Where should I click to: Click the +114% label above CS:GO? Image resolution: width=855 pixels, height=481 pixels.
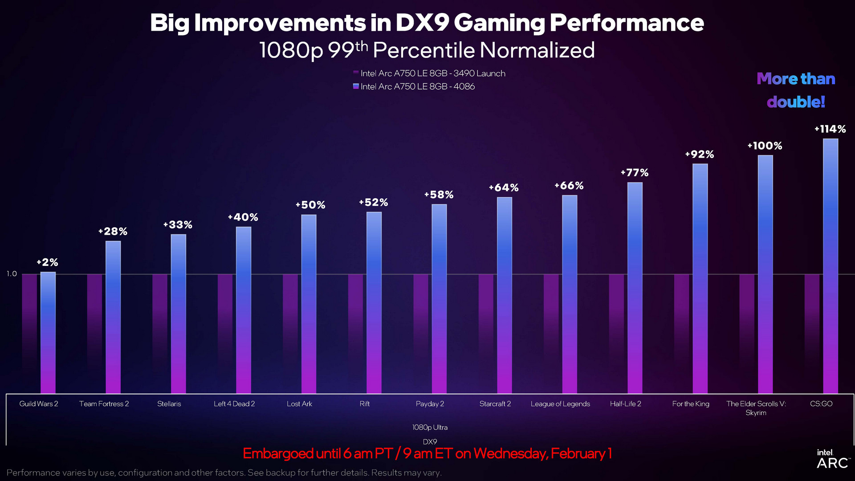tap(830, 129)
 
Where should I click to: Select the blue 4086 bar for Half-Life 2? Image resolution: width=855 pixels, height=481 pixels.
tap(635, 289)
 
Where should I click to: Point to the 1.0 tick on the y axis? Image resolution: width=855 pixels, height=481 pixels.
tap(12, 274)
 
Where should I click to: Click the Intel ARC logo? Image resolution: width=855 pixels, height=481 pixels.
tap(832, 459)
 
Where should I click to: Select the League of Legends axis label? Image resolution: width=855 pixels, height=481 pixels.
tap(560, 404)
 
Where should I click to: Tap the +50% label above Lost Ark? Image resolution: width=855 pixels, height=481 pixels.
tap(310, 205)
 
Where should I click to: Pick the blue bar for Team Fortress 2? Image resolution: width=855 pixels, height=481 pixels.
tap(113, 316)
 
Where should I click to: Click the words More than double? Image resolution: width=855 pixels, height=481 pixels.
tap(796, 90)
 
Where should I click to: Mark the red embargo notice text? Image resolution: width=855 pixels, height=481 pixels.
tap(427, 453)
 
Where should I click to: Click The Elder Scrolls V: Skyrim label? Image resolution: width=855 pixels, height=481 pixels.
tap(756, 408)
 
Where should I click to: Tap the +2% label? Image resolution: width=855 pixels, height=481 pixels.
tap(47, 262)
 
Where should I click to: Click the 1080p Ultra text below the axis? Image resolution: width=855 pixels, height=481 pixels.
tap(430, 428)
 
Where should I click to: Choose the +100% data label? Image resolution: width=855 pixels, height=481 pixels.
tap(765, 146)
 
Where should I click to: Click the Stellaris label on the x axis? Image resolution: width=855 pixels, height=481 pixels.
tap(169, 404)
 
